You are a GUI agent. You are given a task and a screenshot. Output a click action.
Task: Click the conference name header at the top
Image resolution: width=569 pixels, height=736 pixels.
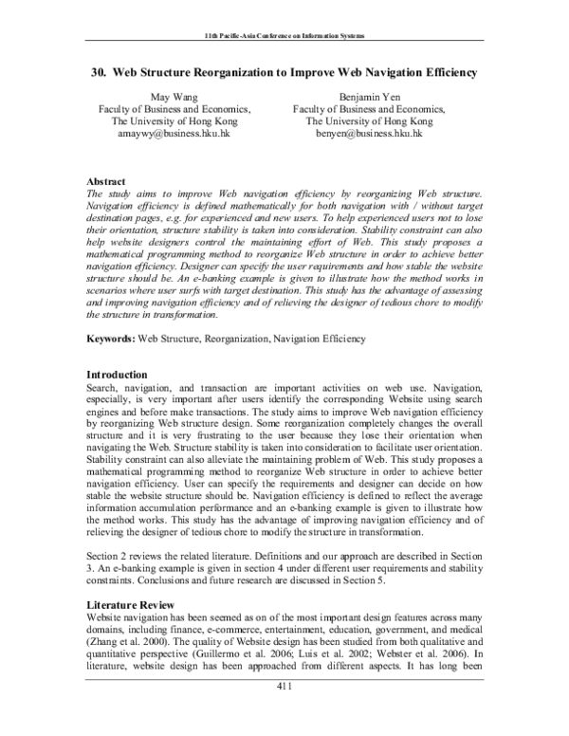tap(284, 35)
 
